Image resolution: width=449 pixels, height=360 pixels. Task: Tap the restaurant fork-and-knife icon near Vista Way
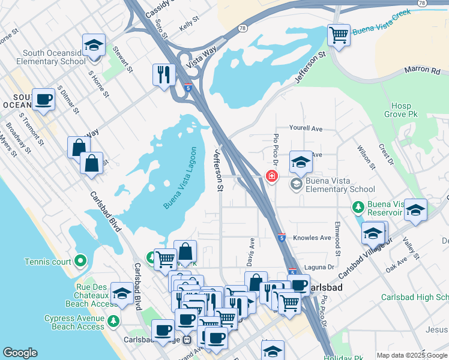click(x=163, y=74)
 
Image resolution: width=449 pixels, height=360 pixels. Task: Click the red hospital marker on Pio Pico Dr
click(x=271, y=176)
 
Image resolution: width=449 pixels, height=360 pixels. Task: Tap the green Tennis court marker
click(x=81, y=261)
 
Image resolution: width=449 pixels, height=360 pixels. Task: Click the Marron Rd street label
click(x=422, y=70)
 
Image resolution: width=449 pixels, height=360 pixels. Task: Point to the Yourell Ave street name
click(x=306, y=128)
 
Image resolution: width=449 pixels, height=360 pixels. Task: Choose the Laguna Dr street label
click(x=322, y=267)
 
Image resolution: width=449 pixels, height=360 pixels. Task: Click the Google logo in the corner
click(x=20, y=353)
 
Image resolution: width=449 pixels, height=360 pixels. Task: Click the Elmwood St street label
click(x=339, y=239)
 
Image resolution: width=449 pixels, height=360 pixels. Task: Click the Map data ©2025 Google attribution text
click(x=411, y=355)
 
